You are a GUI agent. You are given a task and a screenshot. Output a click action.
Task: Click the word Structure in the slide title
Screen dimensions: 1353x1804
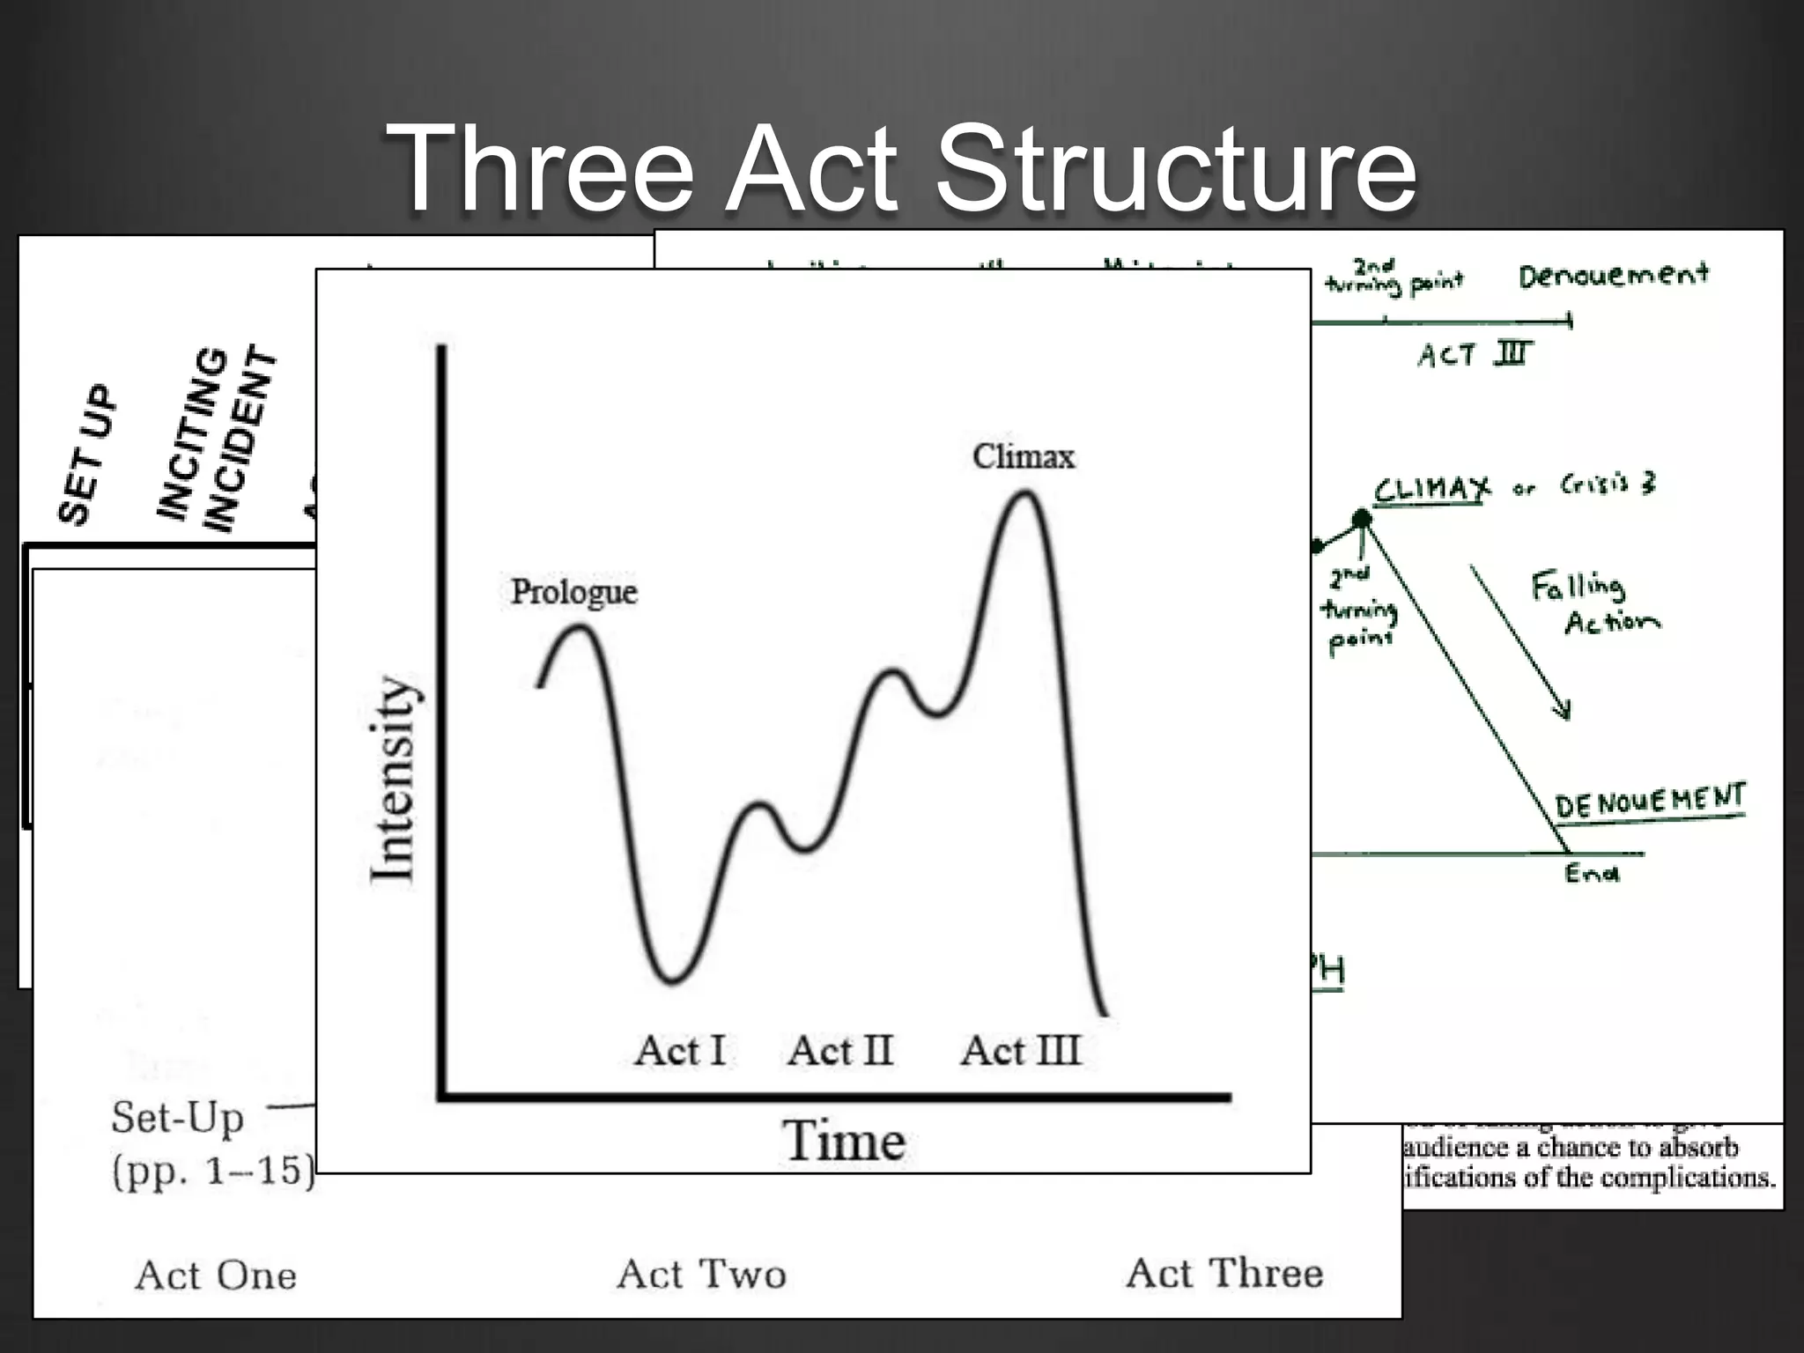[1176, 167]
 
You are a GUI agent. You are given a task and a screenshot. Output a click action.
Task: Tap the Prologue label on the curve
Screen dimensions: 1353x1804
[573, 592]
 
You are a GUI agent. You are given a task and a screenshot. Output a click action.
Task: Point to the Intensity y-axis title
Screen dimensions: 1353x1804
[392, 779]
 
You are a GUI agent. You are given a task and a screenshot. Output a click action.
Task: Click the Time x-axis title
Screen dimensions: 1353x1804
[844, 1142]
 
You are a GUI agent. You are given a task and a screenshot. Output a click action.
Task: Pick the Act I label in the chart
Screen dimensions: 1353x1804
[680, 1051]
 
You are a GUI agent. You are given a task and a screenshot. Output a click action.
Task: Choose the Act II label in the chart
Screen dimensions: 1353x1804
[840, 1051]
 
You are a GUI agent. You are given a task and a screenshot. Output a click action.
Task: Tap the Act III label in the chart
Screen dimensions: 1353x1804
[1020, 1051]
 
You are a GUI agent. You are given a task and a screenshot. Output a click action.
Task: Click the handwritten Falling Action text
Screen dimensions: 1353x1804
[1593, 604]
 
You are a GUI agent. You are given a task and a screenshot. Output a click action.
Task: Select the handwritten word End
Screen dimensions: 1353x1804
[1592, 873]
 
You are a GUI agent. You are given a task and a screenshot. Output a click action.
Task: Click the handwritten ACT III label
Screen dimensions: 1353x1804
[1475, 354]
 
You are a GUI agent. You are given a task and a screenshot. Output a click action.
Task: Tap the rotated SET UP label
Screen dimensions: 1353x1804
[86, 454]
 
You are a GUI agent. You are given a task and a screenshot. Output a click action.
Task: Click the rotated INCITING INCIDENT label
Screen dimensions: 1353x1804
[217, 439]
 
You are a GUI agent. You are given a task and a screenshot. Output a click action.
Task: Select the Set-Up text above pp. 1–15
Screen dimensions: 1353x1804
[178, 1118]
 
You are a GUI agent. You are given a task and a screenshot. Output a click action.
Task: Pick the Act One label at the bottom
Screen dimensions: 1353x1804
[216, 1275]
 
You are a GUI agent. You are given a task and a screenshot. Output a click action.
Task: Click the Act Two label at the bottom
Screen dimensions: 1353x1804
[701, 1275]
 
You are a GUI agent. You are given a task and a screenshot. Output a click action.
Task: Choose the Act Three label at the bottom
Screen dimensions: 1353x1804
[1224, 1274]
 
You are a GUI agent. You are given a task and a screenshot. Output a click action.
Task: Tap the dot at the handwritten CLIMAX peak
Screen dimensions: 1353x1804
[1362, 519]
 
